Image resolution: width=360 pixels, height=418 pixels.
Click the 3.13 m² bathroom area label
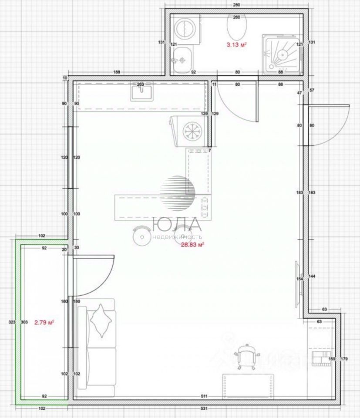(236, 44)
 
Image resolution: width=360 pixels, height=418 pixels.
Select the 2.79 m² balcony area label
(44, 322)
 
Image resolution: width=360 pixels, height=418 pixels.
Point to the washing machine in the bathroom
(186, 29)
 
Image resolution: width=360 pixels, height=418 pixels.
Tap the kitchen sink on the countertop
(141, 93)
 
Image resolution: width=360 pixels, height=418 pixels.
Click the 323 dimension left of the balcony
(12, 322)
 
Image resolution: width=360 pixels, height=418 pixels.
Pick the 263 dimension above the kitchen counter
(140, 84)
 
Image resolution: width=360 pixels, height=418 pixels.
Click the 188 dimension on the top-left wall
(117, 72)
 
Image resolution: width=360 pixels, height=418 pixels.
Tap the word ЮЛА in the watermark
(176, 225)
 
